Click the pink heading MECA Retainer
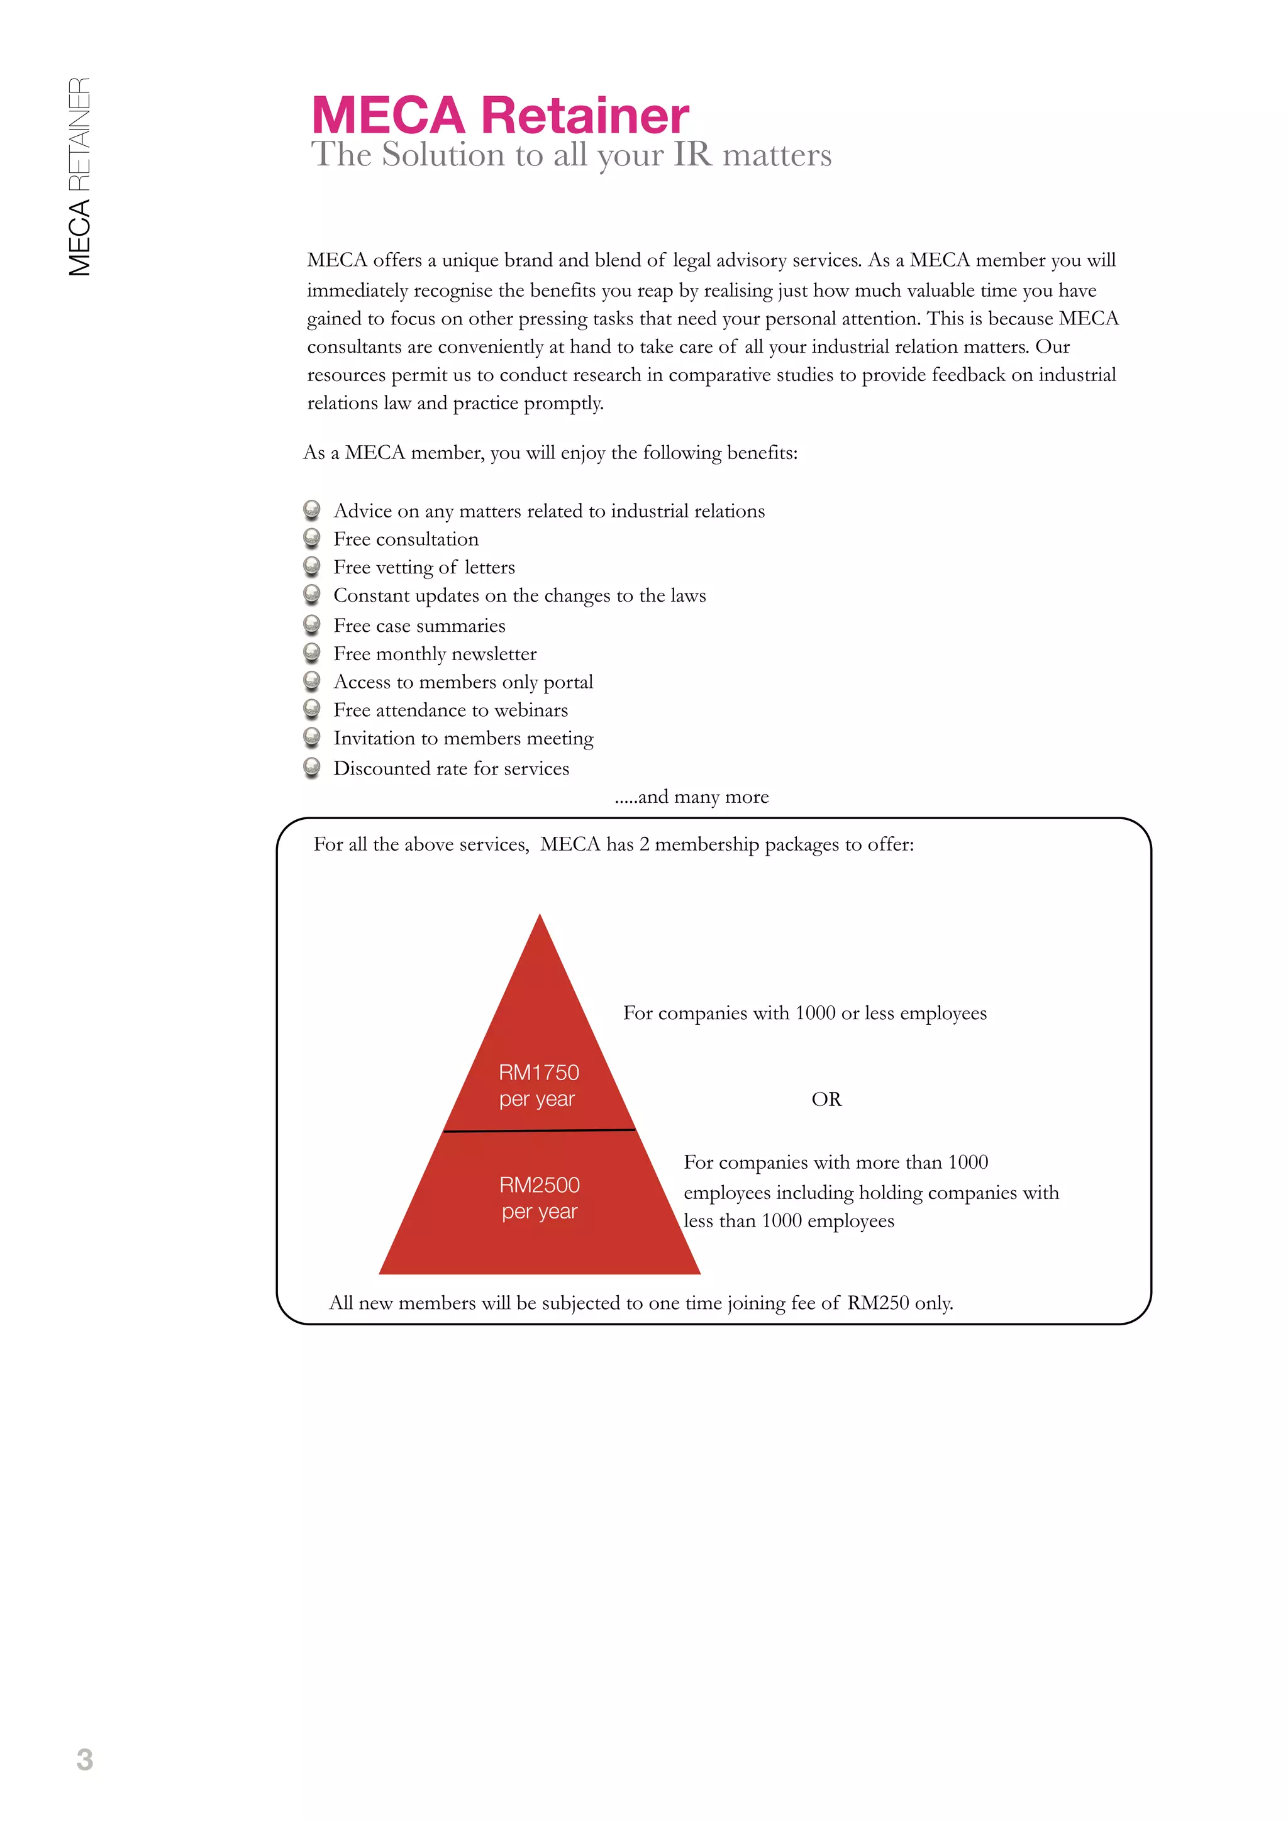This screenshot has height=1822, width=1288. pyautogui.click(x=500, y=115)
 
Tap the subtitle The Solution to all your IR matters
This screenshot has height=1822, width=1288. pyautogui.click(x=570, y=155)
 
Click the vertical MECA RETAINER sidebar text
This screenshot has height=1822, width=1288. pyautogui.click(x=79, y=176)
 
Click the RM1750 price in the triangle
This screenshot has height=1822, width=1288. pyautogui.click(x=539, y=1072)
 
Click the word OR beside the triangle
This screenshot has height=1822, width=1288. pyautogui.click(x=826, y=1099)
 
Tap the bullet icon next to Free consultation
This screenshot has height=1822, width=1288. pyautogui.click(x=312, y=538)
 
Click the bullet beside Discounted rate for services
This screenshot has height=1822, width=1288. pyautogui.click(x=312, y=768)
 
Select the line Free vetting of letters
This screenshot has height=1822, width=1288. pyautogui.click(x=424, y=567)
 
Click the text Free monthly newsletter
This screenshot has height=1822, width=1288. pyautogui.click(x=435, y=654)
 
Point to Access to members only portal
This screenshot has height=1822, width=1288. pyautogui.click(x=463, y=682)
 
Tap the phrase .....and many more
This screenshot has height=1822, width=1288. pyautogui.click(x=692, y=797)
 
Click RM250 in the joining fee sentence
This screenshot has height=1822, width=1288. pyautogui.click(x=878, y=1303)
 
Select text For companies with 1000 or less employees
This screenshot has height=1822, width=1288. pyautogui.click(x=805, y=1013)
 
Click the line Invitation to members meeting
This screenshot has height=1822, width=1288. pyautogui.click(x=463, y=739)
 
